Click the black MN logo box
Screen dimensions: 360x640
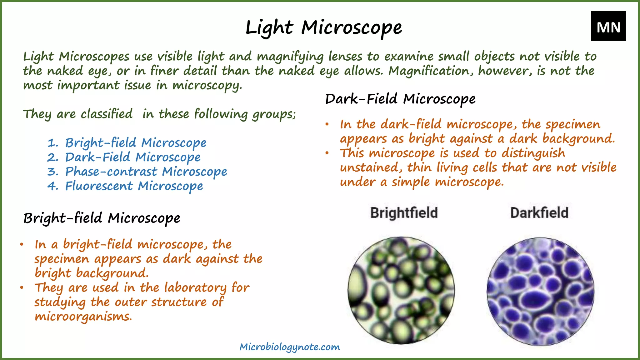(608, 26)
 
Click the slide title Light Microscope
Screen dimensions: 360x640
(324, 27)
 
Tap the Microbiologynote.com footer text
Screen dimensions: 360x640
(290, 347)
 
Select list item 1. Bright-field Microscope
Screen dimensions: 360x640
(127, 143)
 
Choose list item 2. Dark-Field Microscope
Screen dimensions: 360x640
(124, 157)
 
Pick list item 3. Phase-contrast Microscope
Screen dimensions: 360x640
(137, 172)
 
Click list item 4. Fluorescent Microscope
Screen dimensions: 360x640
(125, 186)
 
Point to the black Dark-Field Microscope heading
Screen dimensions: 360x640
(400, 99)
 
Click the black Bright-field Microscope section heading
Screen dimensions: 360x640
(102, 218)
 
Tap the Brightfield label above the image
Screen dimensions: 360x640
(404, 213)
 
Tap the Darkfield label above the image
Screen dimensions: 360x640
(539, 213)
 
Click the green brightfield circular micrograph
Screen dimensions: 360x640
(401, 290)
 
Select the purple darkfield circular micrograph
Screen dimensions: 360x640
(540, 292)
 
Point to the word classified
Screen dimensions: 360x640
(107, 114)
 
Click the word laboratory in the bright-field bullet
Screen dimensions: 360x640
(195, 288)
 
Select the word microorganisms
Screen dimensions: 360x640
(83, 317)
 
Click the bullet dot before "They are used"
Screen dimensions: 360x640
(22, 287)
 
